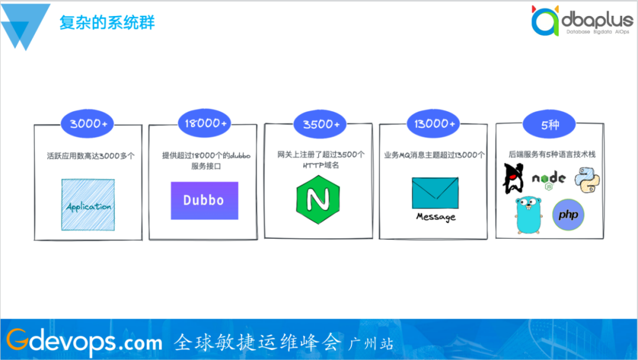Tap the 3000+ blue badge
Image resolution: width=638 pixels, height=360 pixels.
(88, 124)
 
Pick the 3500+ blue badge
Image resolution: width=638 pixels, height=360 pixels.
(321, 124)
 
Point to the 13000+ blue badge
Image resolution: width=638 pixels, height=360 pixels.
(434, 124)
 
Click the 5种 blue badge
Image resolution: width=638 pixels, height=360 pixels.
(549, 124)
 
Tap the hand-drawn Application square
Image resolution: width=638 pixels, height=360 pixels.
(88, 205)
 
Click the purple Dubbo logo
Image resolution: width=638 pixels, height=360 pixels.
(204, 200)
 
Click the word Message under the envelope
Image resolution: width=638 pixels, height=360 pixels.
(435, 216)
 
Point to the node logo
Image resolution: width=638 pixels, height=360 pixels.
(548, 179)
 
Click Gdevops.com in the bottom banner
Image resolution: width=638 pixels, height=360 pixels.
(84, 341)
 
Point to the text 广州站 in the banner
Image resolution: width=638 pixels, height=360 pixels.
(371, 343)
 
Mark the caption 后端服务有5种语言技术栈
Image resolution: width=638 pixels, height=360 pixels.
(552, 154)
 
